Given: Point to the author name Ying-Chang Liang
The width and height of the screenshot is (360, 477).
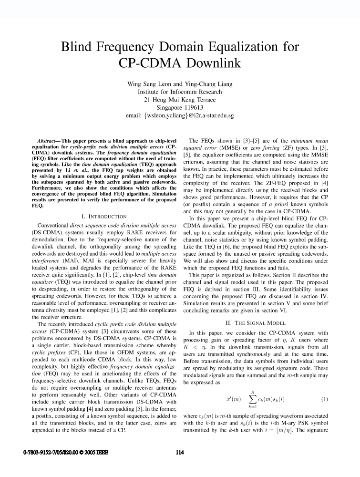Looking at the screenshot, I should pyautogui.click(x=207, y=84).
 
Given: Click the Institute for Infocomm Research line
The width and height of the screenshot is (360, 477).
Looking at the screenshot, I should pyautogui.click(x=180, y=92).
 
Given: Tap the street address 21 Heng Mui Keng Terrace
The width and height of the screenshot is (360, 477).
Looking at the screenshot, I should pyautogui.click(x=180, y=100).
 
